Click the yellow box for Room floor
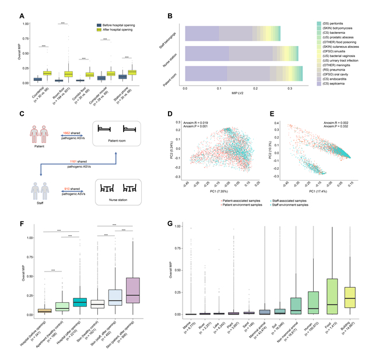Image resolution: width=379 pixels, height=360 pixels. point(68,74)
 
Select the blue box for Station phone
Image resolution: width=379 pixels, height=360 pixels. point(122,76)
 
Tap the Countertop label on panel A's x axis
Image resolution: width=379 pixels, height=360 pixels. point(41,92)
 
